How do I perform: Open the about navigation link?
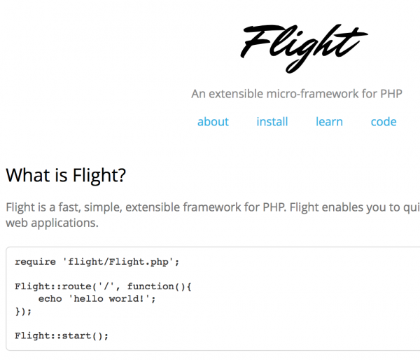[213, 121]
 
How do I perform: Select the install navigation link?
[272, 121]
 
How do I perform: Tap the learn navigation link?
[329, 121]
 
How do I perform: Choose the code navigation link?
[384, 121]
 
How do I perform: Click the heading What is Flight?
[66, 175]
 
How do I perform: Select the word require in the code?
[35, 262]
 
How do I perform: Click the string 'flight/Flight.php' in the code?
[120, 262]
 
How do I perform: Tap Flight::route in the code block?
[47, 286]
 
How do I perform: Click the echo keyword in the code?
[50, 298]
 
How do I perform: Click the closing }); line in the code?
[23, 311]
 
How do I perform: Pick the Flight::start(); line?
[62, 335]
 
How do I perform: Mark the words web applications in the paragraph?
[52, 223]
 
